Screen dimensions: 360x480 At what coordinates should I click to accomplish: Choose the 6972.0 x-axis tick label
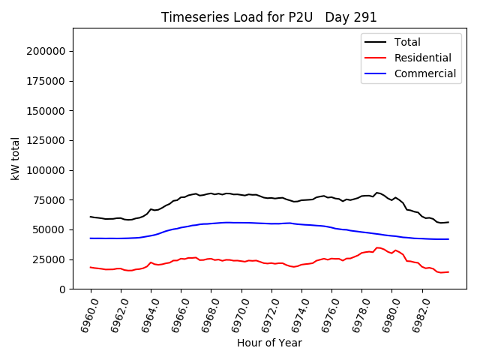click(265, 313)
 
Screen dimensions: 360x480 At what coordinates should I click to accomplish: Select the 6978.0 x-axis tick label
click(356, 313)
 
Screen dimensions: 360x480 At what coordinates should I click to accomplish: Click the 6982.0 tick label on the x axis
click(416, 313)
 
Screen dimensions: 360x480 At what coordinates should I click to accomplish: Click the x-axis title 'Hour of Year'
click(269, 343)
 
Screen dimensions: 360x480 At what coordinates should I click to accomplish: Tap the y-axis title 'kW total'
click(15, 158)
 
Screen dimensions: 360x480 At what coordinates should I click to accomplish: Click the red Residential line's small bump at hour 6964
click(151, 262)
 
